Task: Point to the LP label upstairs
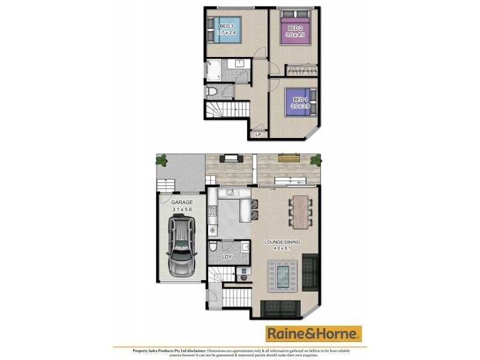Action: pyautogui.click(x=259, y=134)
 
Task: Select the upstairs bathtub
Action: pyautogui.click(x=214, y=71)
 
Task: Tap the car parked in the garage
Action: pyautogui.click(x=182, y=245)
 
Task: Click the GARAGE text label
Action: pyautogui.click(x=181, y=203)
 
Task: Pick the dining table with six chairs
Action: pyautogui.click(x=299, y=213)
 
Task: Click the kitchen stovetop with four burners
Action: pyautogui.click(x=212, y=211)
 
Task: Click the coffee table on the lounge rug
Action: pyautogui.click(x=281, y=277)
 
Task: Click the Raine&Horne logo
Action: pyautogui.click(x=314, y=333)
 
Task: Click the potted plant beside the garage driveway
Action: pyautogui.click(x=161, y=160)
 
